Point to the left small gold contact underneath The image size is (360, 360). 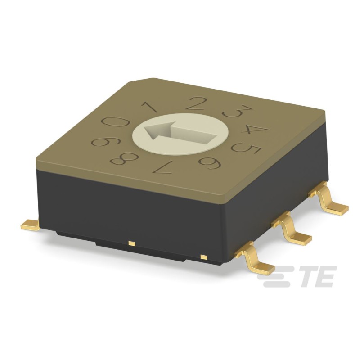131,243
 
